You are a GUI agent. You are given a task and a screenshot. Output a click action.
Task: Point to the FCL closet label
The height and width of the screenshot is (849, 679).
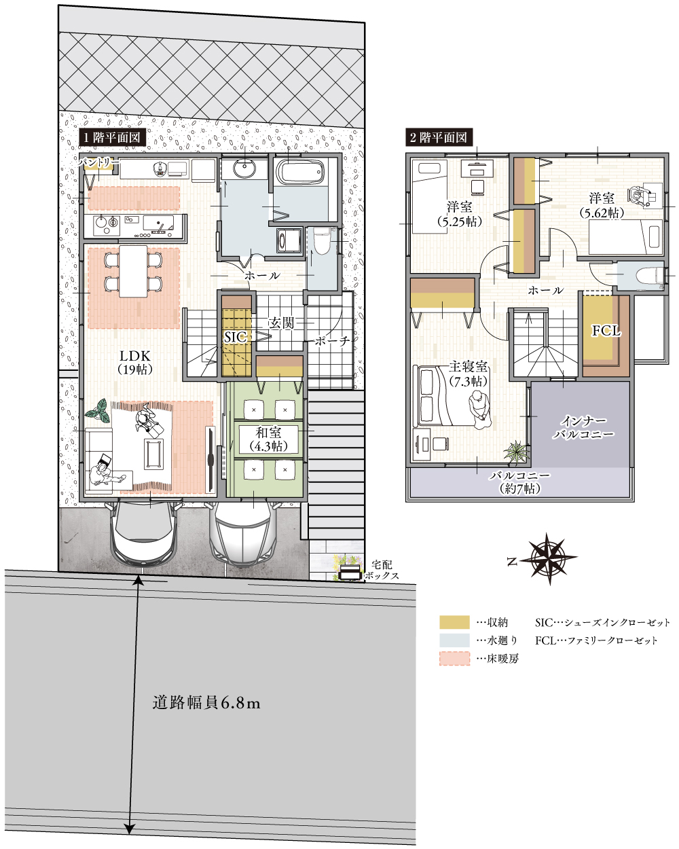(606, 331)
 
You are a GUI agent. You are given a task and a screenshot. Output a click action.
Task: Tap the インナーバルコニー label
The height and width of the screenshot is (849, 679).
(583, 427)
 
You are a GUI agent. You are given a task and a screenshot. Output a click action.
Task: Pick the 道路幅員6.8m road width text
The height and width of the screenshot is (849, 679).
(206, 704)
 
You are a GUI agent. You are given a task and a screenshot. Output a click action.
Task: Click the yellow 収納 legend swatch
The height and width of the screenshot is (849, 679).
(454, 622)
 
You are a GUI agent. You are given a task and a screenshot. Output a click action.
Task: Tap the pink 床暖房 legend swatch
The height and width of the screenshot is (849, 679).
(454, 658)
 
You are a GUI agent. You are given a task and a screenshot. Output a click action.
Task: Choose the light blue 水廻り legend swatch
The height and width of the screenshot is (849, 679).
(454, 640)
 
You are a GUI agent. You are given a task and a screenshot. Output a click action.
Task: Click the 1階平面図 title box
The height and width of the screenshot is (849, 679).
(112, 137)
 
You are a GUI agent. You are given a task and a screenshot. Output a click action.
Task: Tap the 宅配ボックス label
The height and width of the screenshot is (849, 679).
(381, 570)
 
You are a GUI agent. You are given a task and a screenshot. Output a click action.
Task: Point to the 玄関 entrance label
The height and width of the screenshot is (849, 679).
(281, 323)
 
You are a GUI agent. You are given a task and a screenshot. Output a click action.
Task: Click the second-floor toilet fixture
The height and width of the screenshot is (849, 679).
(646, 276)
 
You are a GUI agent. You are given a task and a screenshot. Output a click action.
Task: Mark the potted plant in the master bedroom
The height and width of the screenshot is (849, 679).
(515, 452)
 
